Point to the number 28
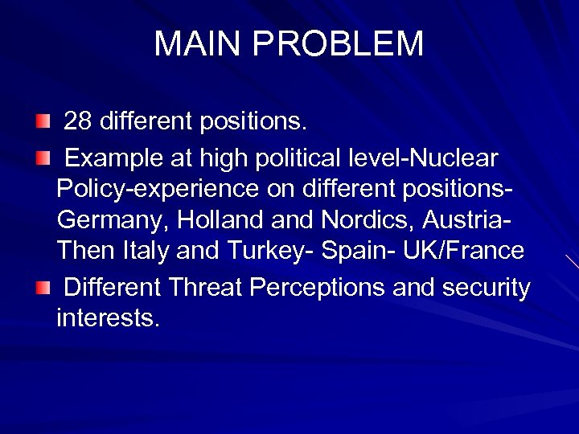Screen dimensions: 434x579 (78, 121)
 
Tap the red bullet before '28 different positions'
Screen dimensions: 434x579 (42, 122)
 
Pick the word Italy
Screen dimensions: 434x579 (145, 251)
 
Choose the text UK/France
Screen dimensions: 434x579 (465, 251)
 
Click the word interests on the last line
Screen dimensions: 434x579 (108, 319)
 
